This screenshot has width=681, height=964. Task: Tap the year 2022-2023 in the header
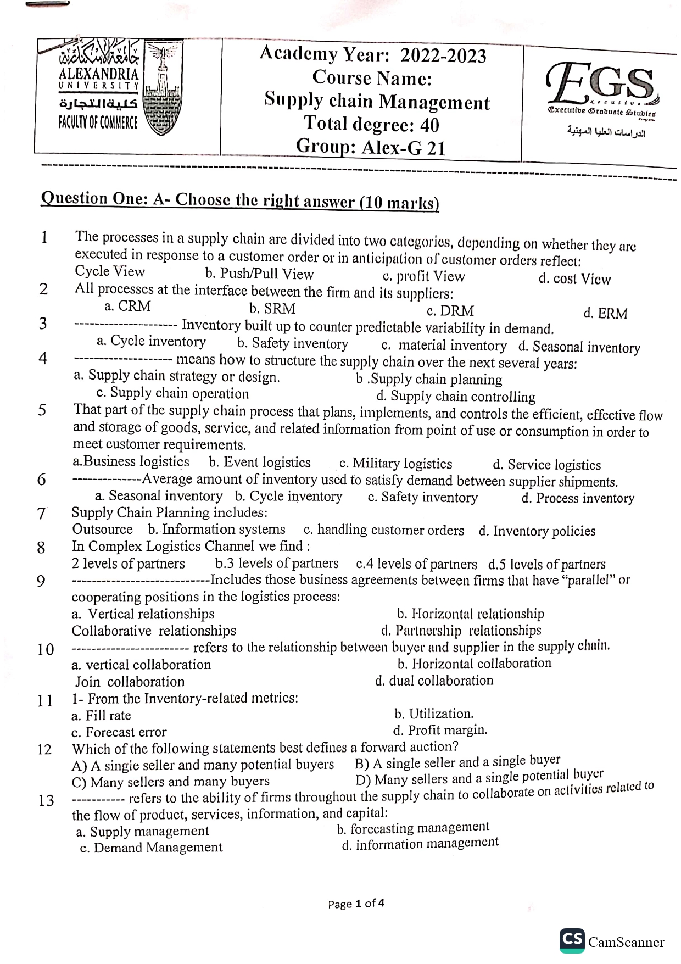[443, 56]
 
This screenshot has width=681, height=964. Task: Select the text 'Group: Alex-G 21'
[371, 147]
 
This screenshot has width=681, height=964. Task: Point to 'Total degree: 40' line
[372, 124]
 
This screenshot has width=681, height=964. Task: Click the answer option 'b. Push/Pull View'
[259, 274]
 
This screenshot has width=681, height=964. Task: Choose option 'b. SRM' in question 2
[272, 309]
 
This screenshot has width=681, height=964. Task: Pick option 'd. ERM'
[605, 314]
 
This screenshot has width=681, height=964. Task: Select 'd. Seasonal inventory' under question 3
[579, 347]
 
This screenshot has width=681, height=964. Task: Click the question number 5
[42, 410]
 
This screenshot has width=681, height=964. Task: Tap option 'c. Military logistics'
[395, 464]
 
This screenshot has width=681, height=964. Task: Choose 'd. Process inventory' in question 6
[578, 498]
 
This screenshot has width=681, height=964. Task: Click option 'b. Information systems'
[216, 529]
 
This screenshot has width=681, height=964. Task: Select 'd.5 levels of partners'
[546, 564]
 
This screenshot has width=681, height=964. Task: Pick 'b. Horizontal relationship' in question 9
[471, 614]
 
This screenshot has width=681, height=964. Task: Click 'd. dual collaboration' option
[434, 681]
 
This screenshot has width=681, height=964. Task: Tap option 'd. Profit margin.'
[440, 730]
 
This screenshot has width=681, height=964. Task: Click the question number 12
[44, 750]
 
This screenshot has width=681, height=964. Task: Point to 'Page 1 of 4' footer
[356, 903]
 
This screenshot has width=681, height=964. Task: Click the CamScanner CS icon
[572, 940]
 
